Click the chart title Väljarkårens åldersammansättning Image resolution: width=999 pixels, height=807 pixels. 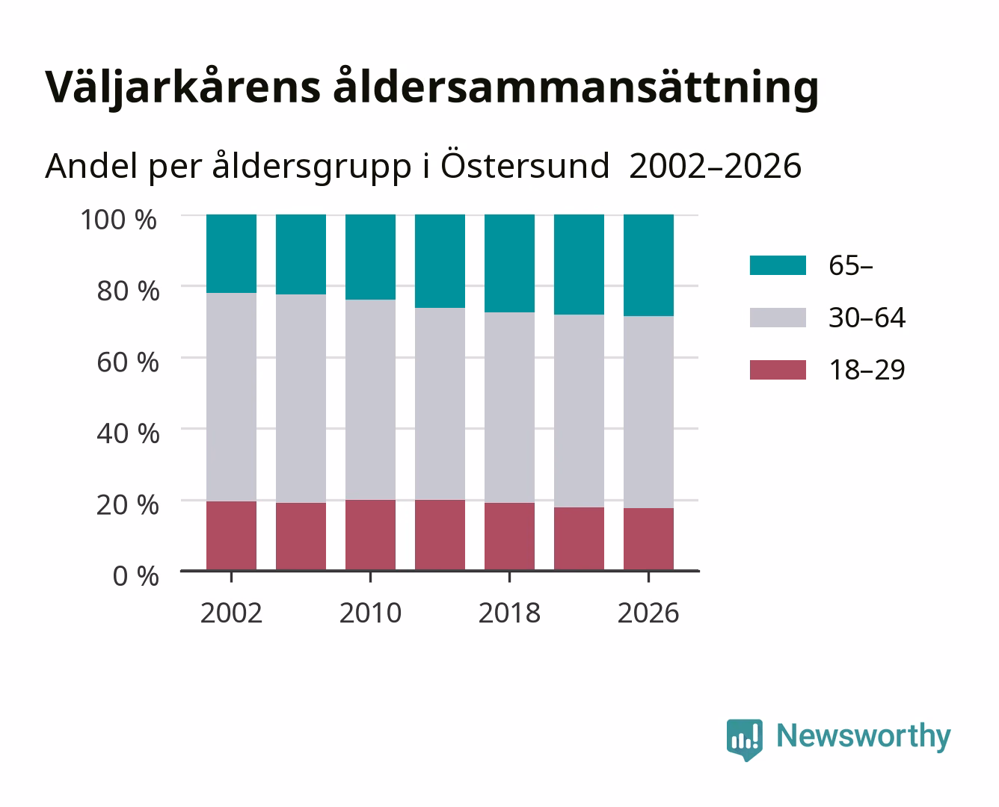(432, 87)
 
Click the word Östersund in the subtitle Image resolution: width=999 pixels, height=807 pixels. (525, 165)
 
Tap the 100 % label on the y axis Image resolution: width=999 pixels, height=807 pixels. (119, 220)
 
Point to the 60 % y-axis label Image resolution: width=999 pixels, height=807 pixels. (128, 362)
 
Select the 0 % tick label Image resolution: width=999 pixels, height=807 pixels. (135, 576)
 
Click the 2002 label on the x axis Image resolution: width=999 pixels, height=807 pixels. (231, 613)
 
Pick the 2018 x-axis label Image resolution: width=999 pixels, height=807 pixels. (509, 613)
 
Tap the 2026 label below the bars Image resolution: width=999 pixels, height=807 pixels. (648, 613)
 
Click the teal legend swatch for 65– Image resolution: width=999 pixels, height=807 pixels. (778, 265)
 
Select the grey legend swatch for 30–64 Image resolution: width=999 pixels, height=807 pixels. (778, 318)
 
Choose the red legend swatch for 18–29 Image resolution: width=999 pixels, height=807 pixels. (778, 370)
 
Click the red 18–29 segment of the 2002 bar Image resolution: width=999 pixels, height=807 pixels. (232, 536)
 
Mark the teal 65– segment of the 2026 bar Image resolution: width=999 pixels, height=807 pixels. (648, 265)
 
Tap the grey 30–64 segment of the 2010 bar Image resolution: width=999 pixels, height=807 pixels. (371, 400)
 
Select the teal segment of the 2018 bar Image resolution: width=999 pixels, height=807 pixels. (509, 263)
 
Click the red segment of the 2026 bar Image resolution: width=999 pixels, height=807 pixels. (648, 539)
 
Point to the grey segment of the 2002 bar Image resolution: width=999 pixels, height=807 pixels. (232, 397)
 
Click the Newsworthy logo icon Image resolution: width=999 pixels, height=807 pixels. (744, 740)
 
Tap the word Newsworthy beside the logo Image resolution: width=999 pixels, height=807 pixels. (864, 736)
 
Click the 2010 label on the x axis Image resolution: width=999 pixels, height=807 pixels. (371, 613)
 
